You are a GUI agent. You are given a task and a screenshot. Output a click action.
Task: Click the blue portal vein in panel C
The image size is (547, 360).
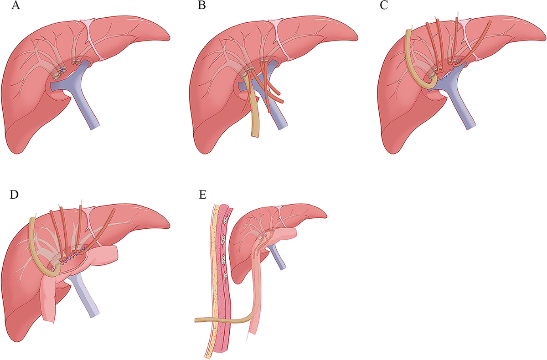pos(465,109)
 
